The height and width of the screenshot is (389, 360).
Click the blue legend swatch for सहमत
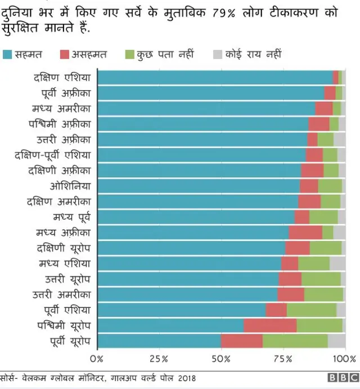point(7,55)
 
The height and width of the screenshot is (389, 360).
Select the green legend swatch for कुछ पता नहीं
point(129,55)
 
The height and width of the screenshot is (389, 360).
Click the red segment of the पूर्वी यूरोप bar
point(242,341)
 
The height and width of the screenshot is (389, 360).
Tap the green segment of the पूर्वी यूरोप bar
point(295,341)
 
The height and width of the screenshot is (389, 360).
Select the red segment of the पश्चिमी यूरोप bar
point(270,325)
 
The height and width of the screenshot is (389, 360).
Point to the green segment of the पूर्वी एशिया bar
point(312,310)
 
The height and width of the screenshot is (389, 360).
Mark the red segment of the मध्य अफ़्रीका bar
point(305,232)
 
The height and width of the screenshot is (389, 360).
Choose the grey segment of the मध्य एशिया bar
point(337,263)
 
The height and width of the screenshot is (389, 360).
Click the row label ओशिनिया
point(70,186)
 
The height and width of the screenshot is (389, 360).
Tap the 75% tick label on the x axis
point(283,359)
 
